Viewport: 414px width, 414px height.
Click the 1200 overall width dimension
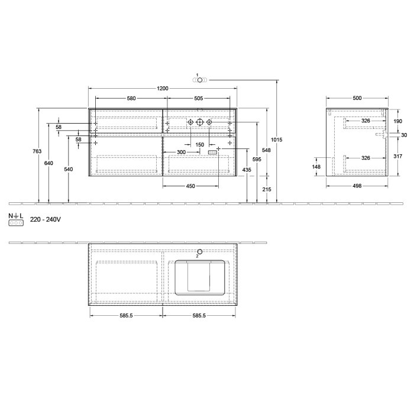(x=163, y=88)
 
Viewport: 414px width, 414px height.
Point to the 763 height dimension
(x=37, y=152)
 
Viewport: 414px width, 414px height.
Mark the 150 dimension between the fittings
(x=199, y=145)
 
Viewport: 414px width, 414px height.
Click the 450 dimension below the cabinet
(x=190, y=186)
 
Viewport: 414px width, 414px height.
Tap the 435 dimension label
(x=247, y=170)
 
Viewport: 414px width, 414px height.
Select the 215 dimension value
(x=267, y=189)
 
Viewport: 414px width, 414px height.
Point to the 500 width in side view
(x=357, y=98)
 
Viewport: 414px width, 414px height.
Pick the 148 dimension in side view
(x=316, y=167)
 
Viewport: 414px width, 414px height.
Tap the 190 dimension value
(x=397, y=121)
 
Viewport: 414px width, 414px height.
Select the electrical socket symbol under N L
(x=15, y=224)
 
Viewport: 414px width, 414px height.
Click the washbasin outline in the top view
(x=200, y=277)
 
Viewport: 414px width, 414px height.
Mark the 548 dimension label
(x=267, y=151)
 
